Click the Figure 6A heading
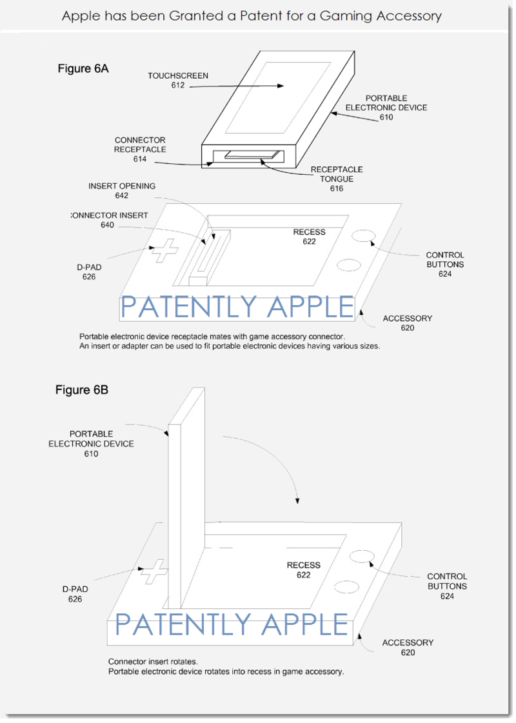pyautogui.click(x=83, y=69)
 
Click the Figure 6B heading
pyautogui.click(x=82, y=390)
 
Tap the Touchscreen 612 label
pyautogui.click(x=178, y=80)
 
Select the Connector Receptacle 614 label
pyautogui.click(x=140, y=150)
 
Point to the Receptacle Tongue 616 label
pyautogui.click(x=337, y=179)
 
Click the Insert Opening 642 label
pyautogui.click(x=122, y=190)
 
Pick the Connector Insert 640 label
pyautogui.click(x=110, y=220)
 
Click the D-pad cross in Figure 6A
pyautogui.click(x=164, y=251)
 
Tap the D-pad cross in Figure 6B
pyautogui.click(x=154, y=571)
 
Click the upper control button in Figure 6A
pyautogui.click(x=363, y=235)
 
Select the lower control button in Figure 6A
pyautogui.click(x=348, y=265)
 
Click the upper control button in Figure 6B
pyautogui.click(x=362, y=556)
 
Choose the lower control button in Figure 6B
pyautogui.click(x=346, y=586)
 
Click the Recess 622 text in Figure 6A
pyautogui.click(x=309, y=237)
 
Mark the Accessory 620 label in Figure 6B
pyautogui.click(x=408, y=648)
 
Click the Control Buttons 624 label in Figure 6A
pyautogui.click(x=445, y=264)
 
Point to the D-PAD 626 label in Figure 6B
pyautogui.click(x=75, y=594)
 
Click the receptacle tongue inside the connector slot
pyautogui.click(x=252, y=155)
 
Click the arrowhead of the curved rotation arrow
pyautogui.click(x=297, y=500)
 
